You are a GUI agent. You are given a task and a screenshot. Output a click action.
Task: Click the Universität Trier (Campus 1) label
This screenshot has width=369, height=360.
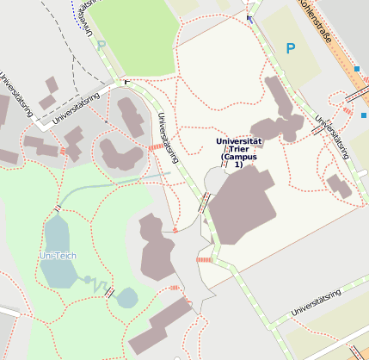click(238, 152)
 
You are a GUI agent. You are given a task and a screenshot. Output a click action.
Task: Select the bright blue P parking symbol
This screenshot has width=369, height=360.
click(290, 49)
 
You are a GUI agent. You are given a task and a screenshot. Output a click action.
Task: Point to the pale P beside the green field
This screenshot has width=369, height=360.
click(101, 46)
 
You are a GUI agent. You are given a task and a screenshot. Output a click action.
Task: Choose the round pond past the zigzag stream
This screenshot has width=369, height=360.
click(126, 298)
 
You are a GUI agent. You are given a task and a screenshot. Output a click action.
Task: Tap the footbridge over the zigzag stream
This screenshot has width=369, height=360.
click(109, 291)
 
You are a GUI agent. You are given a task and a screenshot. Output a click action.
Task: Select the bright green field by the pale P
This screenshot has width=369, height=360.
click(133, 34)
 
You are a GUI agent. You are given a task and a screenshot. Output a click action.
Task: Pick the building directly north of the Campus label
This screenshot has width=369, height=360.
click(284, 108)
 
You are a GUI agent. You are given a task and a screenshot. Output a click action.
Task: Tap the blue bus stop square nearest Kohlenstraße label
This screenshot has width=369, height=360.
click(356, 68)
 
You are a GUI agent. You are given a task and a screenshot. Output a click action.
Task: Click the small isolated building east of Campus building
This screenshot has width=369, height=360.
click(338, 185)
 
